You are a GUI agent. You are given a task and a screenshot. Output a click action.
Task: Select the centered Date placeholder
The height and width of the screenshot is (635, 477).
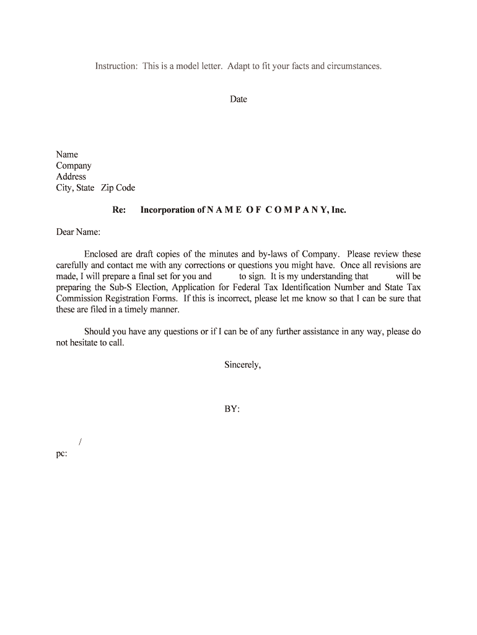tap(239, 99)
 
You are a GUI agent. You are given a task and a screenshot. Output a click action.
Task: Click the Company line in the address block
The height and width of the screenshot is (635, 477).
tap(74, 166)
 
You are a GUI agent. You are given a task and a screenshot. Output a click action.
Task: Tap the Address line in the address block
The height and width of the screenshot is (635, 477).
tap(71, 177)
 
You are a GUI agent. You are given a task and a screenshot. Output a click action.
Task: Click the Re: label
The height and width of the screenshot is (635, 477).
tap(119, 210)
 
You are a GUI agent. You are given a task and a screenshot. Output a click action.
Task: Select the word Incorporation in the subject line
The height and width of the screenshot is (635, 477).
tap(168, 210)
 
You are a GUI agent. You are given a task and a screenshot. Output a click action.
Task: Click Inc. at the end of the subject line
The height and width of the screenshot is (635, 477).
tap(338, 210)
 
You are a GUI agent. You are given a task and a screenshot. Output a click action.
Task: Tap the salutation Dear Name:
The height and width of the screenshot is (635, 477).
tap(78, 233)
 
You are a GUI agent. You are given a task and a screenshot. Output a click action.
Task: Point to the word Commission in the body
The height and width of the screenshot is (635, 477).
tap(79, 298)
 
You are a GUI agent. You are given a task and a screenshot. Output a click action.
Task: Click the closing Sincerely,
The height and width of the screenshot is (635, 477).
tap(242, 365)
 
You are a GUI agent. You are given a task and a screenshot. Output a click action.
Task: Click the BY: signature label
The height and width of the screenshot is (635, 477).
tap(232, 410)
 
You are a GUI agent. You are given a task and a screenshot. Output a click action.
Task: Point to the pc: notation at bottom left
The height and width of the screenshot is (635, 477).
tap(61, 453)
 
